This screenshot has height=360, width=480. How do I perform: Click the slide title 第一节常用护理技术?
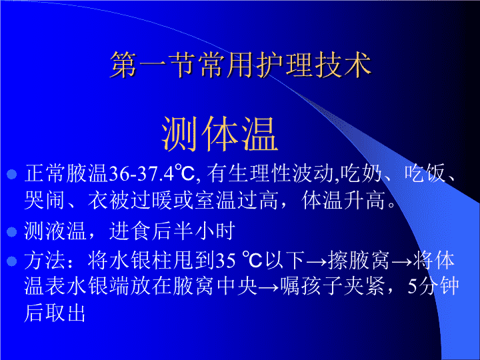(x=241, y=65)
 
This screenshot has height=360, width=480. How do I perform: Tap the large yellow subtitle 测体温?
(x=220, y=134)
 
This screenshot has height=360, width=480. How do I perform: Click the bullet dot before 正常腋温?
(x=11, y=174)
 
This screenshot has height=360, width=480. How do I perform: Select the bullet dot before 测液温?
(x=11, y=232)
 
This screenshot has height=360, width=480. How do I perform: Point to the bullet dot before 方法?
(x=11, y=261)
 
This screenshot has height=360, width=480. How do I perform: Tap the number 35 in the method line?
(x=226, y=261)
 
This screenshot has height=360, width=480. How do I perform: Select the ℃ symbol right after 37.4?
(x=185, y=173)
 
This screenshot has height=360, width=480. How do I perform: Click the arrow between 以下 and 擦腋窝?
(x=317, y=261)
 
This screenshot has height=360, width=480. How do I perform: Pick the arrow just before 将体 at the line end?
(x=402, y=261)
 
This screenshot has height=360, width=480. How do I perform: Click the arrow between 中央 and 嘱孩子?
(x=269, y=287)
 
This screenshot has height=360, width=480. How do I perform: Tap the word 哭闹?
(x=45, y=200)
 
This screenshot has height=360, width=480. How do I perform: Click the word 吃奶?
(x=361, y=173)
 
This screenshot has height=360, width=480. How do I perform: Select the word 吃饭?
(x=425, y=173)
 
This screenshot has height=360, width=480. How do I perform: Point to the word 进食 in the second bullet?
(x=130, y=231)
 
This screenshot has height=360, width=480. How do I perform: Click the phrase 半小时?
(x=204, y=231)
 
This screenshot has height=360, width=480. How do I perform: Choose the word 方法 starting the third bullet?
(x=45, y=261)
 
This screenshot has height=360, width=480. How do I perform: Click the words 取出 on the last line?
(x=65, y=313)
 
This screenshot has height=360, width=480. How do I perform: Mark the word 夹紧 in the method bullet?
(x=365, y=286)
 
